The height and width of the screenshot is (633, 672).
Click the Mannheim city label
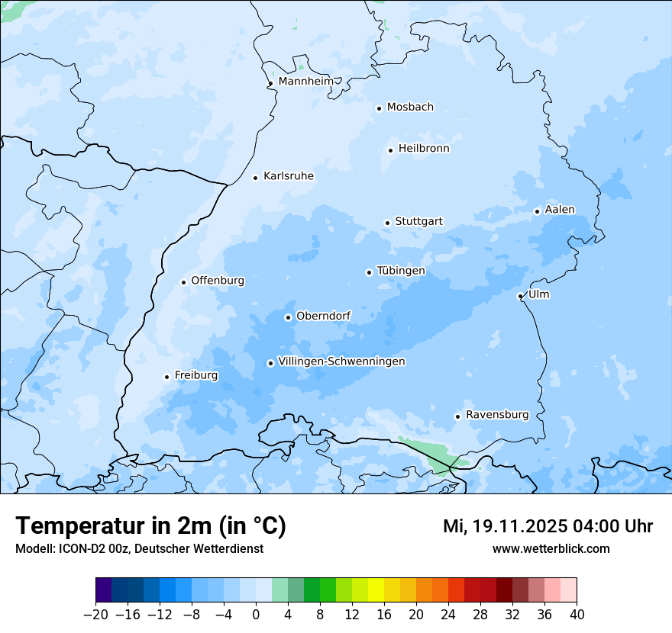pyautogui.click(x=305, y=82)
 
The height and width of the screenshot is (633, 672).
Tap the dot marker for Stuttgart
pyautogui.click(x=387, y=223)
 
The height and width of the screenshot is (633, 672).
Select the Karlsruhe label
pyautogui.click(x=288, y=176)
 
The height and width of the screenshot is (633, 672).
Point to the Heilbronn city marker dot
pyautogui.click(x=390, y=150)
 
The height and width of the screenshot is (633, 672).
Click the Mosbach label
pyautogui.click(x=410, y=108)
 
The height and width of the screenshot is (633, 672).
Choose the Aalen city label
pyautogui.click(x=560, y=210)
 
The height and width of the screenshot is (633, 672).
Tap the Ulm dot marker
pyautogui.click(x=520, y=296)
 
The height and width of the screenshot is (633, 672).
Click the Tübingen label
pyautogui.click(x=401, y=271)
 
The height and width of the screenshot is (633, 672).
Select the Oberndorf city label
pyautogui.click(x=323, y=316)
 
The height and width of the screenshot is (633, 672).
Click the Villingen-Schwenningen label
pyautogui.click(x=341, y=361)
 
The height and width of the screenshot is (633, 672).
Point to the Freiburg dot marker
pyautogui.click(x=166, y=377)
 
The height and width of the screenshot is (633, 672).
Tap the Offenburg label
pyautogui.click(x=218, y=281)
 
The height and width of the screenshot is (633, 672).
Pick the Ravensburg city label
pyautogui.click(x=497, y=415)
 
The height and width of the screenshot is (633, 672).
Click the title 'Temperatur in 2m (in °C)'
pyautogui.click(x=150, y=525)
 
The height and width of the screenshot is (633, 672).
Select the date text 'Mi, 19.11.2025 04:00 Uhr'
pyautogui.click(x=548, y=526)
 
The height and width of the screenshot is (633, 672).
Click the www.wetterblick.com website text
pyautogui.click(x=551, y=548)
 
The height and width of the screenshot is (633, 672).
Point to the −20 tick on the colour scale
pyautogui.click(x=95, y=615)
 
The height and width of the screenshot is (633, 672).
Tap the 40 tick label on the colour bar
pyautogui.click(x=577, y=615)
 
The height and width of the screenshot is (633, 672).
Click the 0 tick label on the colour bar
pyautogui.click(x=256, y=615)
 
